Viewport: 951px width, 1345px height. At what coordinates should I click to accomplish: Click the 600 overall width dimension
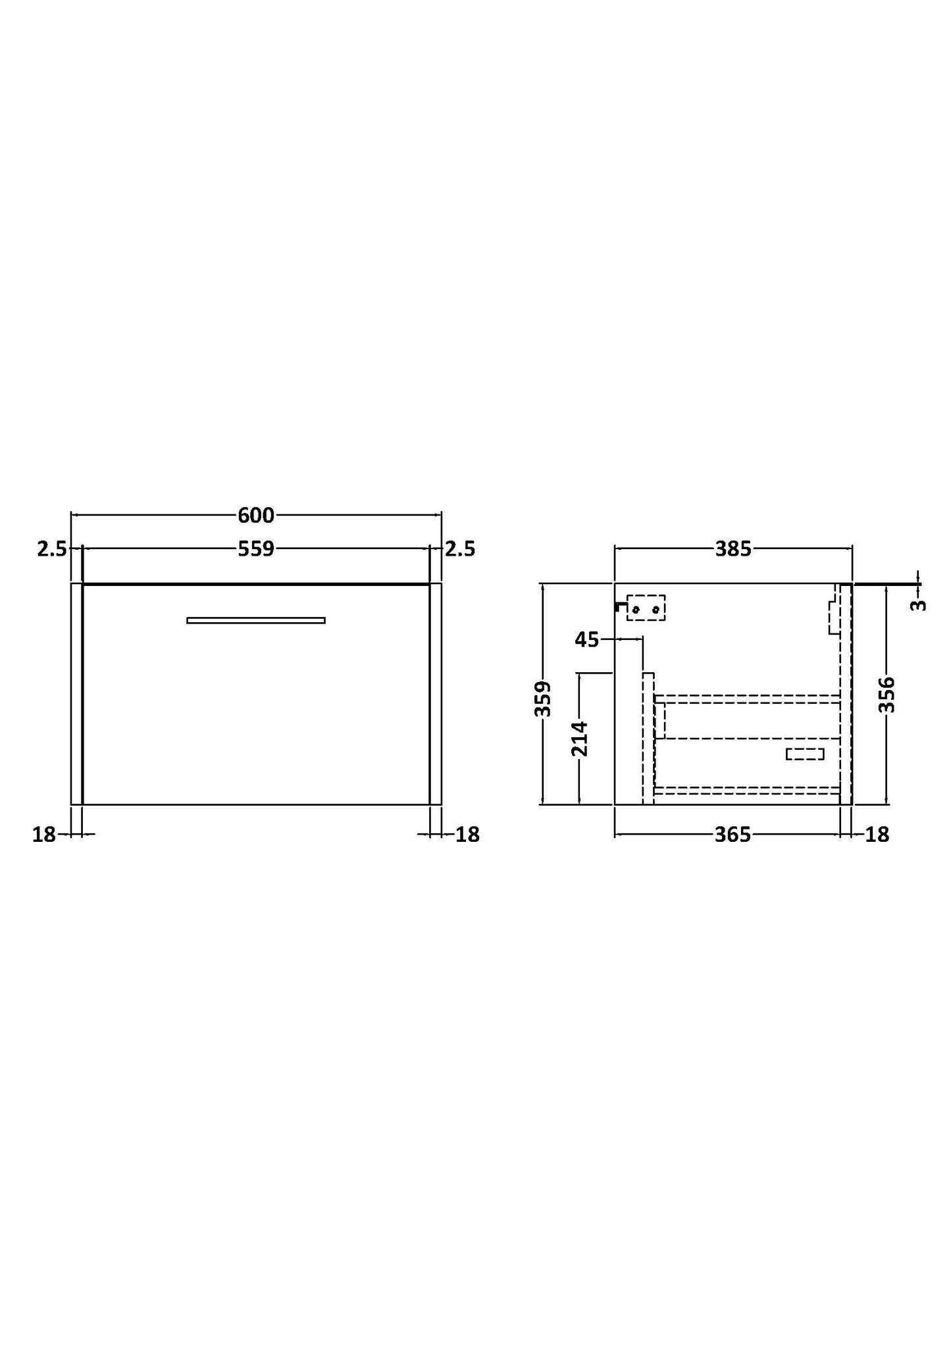(x=255, y=515)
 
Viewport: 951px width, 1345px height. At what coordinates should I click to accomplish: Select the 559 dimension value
(x=255, y=549)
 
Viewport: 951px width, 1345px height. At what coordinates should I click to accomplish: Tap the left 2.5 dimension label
(x=51, y=549)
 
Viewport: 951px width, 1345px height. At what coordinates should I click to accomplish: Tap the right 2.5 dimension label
(x=460, y=549)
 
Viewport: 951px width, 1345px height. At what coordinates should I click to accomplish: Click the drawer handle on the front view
(x=255, y=620)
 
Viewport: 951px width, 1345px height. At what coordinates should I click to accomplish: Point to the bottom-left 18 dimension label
(x=43, y=835)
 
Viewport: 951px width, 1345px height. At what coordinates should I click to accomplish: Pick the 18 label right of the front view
(x=468, y=835)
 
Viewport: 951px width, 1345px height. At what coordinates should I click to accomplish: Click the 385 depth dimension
(x=733, y=549)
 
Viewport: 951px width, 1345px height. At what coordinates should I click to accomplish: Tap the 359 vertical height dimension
(x=542, y=698)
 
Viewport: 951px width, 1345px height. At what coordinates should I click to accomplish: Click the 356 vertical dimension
(x=888, y=694)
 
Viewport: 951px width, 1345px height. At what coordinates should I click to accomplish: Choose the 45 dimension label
(x=586, y=639)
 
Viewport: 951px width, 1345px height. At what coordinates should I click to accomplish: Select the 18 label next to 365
(x=877, y=835)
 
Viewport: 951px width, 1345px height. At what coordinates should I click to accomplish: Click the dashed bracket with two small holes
(x=646, y=608)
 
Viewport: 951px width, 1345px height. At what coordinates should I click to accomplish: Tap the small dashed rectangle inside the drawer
(x=804, y=754)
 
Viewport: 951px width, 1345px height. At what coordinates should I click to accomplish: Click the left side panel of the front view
(x=76, y=693)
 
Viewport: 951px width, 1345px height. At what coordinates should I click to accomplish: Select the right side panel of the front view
(x=435, y=693)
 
